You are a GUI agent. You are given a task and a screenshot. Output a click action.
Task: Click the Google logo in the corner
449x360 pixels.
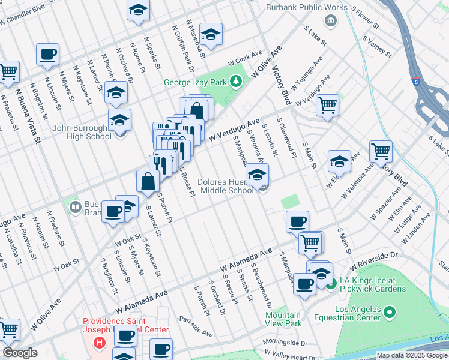click(x=20, y=352)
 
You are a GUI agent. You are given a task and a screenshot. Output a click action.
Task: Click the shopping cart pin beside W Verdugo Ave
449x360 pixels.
click(x=327, y=105)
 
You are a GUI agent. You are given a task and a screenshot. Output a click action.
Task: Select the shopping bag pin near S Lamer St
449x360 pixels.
click(x=148, y=181)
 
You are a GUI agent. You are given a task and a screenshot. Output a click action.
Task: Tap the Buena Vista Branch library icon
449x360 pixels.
click(x=76, y=207)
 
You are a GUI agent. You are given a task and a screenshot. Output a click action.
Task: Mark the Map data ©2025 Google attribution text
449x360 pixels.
click(x=412, y=355)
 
